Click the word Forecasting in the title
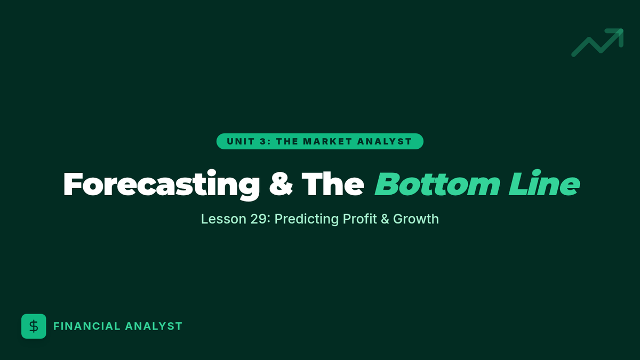pyautogui.click(x=162, y=185)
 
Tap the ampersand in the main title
pyautogui.click(x=281, y=184)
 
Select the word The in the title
pyautogui.click(x=333, y=184)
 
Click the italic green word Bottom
pyautogui.click(x=437, y=184)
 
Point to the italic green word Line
pyautogui.click(x=545, y=183)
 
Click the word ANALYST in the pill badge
pyautogui.click(x=385, y=141)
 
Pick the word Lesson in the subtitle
pyautogui.click(x=223, y=219)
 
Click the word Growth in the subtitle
pyautogui.click(x=415, y=219)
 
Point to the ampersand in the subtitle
pyautogui.click(x=385, y=219)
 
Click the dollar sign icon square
pyautogui.click(x=34, y=326)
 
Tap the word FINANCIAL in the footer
pyautogui.click(x=87, y=326)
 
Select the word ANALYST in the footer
pyautogui.click(x=154, y=326)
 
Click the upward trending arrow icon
pyautogui.click(x=597, y=42)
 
